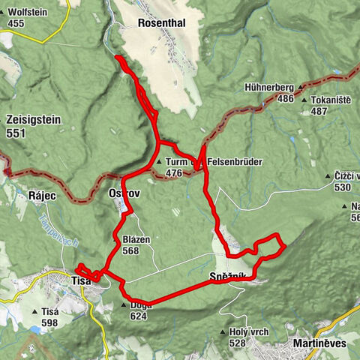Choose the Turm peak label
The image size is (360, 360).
click(176, 161)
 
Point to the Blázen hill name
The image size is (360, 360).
click(136, 240)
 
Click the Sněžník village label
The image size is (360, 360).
click(228, 278)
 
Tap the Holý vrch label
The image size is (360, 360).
click(252, 331)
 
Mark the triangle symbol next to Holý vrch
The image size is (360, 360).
click(224, 331)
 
